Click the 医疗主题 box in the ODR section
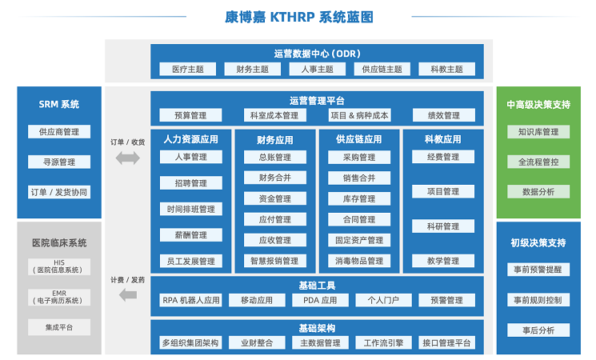click(188, 69)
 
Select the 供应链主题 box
click(382, 69)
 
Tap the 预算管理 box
click(190, 115)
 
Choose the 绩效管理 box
click(443, 115)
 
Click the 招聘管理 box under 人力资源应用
click(191, 183)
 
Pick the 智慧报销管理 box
click(275, 261)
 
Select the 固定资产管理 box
click(359, 240)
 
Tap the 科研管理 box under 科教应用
click(443, 226)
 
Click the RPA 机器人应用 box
click(191, 300)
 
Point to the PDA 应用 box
click(320, 300)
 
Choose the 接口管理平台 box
click(446, 342)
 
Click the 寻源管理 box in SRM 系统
click(59, 162)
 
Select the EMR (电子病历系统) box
click(59, 297)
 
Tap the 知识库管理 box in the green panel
click(538, 132)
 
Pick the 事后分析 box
click(538, 330)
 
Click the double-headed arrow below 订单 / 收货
click(128, 158)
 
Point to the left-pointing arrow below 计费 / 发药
click(128, 294)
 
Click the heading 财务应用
click(275, 140)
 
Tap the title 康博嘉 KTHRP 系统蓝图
click(298, 17)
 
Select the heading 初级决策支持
click(538, 242)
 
